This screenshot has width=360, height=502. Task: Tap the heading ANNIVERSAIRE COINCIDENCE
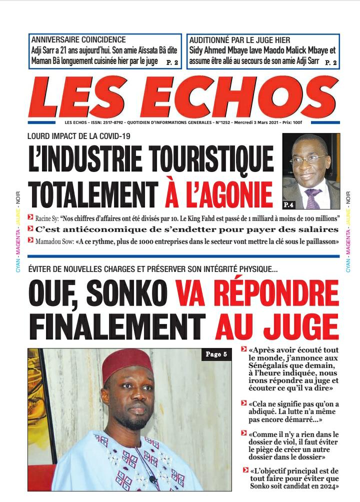(x=78, y=40)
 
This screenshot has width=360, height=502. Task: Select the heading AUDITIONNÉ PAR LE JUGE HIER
(x=239, y=40)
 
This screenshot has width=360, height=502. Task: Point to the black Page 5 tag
(x=216, y=354)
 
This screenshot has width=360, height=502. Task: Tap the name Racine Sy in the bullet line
(x=46, y=218)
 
